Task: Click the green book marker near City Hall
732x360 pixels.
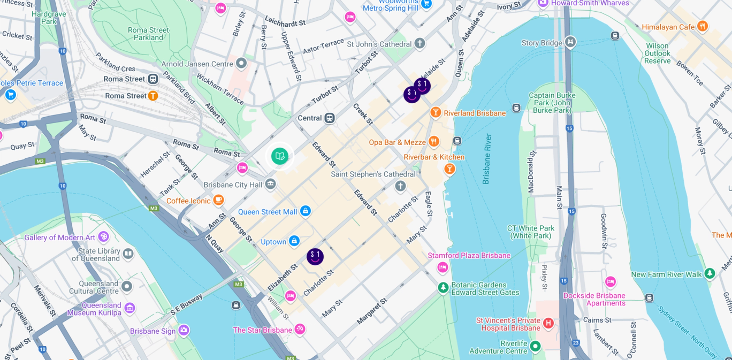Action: click(x=280, y=156)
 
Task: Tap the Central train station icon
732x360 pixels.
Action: click(x=330, y=118)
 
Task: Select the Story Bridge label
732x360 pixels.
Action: click(x=542, y=43)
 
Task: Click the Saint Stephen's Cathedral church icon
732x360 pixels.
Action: click(x=400, y=186)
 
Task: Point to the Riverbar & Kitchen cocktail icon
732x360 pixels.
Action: click(x=449, y=169)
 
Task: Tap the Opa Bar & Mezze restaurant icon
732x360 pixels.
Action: click(x=433, y=142)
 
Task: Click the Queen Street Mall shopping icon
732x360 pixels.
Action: click(x=306, y=211)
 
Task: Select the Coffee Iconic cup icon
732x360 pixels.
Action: click(x=218, y=200)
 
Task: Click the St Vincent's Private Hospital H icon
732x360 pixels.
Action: click(x=548, y=323)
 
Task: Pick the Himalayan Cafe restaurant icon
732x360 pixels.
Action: click(x=703, y=26)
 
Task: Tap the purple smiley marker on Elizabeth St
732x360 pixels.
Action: click(x=315, y=257)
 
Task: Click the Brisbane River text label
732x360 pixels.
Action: click(x=487, y=159)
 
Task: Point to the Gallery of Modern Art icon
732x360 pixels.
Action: click(x=103, y=237)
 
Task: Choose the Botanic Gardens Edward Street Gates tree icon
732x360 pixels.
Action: click(x=443, y=288)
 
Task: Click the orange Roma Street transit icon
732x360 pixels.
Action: click(x=153, y=96)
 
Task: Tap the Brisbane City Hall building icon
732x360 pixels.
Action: click(x=271, y=185)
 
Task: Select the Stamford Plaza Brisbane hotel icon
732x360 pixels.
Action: click(x=443, y=267)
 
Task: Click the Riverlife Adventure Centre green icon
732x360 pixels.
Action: click(x=535, y=347)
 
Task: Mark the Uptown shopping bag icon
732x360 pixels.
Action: click(x=294, y=241)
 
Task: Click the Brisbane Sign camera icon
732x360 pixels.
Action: click(x=184, y=331)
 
